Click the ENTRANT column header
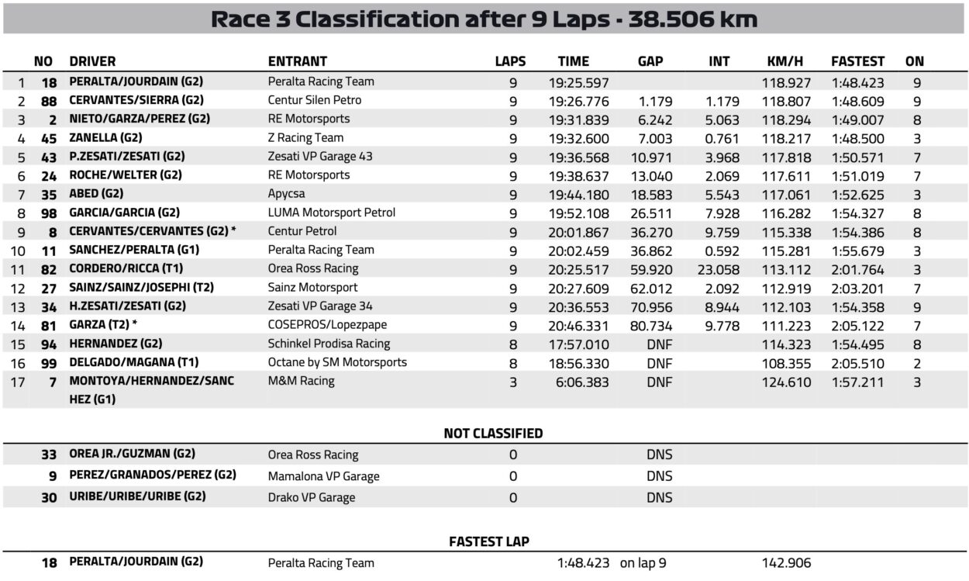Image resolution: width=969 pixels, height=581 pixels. pyautogui.click(x=298, y=61)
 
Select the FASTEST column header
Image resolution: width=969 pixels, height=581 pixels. pyautogui.click(x=857, y=61)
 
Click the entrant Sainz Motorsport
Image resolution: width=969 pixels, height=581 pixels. pyautogui.click(x=312, y=287)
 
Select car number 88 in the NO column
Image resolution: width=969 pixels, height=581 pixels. pyautogui.click(x=48, y=100)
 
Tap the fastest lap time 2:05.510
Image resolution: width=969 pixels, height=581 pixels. pyautogui.click(x=857, y=362)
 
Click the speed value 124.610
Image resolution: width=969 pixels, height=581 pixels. pyautogui.click(x=786, y=382)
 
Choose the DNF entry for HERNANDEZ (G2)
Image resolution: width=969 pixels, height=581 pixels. pyautogui.click(x=660, y=344)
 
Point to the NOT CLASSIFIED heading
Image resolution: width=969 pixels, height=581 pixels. pyautogui.click(x=493, y=434)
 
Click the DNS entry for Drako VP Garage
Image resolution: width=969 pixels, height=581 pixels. pyautogui.click(x=660, y=497)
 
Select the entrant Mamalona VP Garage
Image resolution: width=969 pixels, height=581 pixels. pyautogui.click(x=323, y=476)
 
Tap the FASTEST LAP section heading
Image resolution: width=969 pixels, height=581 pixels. pyautogui.click(x=489, y=541)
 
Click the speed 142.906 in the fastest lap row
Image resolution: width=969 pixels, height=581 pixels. pyautogui.click(x=786, y=563)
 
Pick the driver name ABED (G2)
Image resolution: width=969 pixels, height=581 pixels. pyautogui.click(x=96, y=194)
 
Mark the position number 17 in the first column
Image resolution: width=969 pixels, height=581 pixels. pyautogui.click(x=21, y=382)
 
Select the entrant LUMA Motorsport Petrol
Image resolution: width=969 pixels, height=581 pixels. pyautogui.click(x=332, y=213)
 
